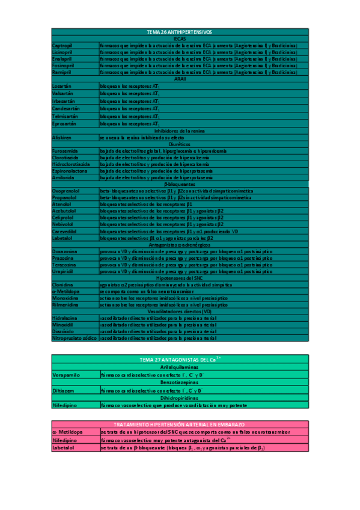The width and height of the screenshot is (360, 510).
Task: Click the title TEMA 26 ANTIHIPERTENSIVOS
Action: click(180, 32)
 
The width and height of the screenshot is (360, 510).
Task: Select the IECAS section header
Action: click(180, 38)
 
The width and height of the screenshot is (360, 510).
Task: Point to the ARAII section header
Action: click(180, 79)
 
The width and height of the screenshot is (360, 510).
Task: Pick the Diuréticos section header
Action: click(180, 144)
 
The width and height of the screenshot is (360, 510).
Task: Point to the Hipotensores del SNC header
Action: click(180, 278)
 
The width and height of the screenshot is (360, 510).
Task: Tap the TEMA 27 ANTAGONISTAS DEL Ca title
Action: click(180, 359)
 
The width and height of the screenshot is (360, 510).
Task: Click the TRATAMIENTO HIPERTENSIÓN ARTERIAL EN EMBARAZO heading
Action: click(180, 424)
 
